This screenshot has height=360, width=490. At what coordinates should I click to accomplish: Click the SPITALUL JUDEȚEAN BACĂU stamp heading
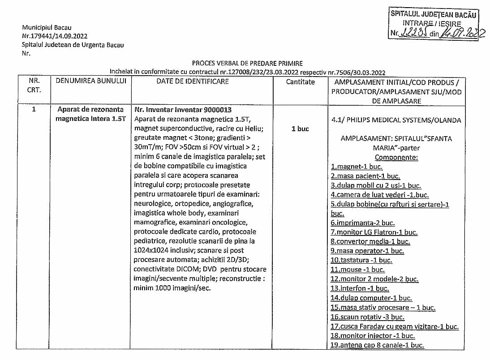[x=434, y=14]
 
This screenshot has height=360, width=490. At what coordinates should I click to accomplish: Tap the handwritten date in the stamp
[x=464, y=33]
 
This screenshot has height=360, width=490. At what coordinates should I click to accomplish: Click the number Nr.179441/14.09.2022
[x=55, y=36]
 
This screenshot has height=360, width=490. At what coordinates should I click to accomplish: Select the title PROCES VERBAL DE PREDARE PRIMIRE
[x=247, y=64]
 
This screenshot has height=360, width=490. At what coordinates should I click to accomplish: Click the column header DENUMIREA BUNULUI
[x=91, y=81]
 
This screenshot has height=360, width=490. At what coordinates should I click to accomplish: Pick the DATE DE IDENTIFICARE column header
[x=193, y=81]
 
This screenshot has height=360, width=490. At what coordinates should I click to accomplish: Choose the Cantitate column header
[x=300, y=82]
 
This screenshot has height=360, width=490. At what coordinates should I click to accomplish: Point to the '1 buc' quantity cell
[x=300, y=129]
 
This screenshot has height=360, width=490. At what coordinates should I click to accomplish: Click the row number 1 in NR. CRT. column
[x=34, y=109]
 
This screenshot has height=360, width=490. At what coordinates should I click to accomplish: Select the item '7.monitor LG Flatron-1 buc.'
[x=374, y=232]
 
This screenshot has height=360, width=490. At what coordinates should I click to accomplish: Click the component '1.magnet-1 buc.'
[x=357, y=167]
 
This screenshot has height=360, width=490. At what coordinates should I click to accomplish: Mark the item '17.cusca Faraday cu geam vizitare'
[x=395, y=326]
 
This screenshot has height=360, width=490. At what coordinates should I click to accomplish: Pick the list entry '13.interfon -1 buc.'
[x=360, y=289]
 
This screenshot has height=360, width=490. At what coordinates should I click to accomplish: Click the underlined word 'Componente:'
[x=396, y=157]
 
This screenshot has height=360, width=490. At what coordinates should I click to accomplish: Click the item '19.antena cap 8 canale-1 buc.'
[x=377, y=345]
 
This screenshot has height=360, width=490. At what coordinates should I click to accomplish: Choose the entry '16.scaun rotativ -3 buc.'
[x=367, y=317]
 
